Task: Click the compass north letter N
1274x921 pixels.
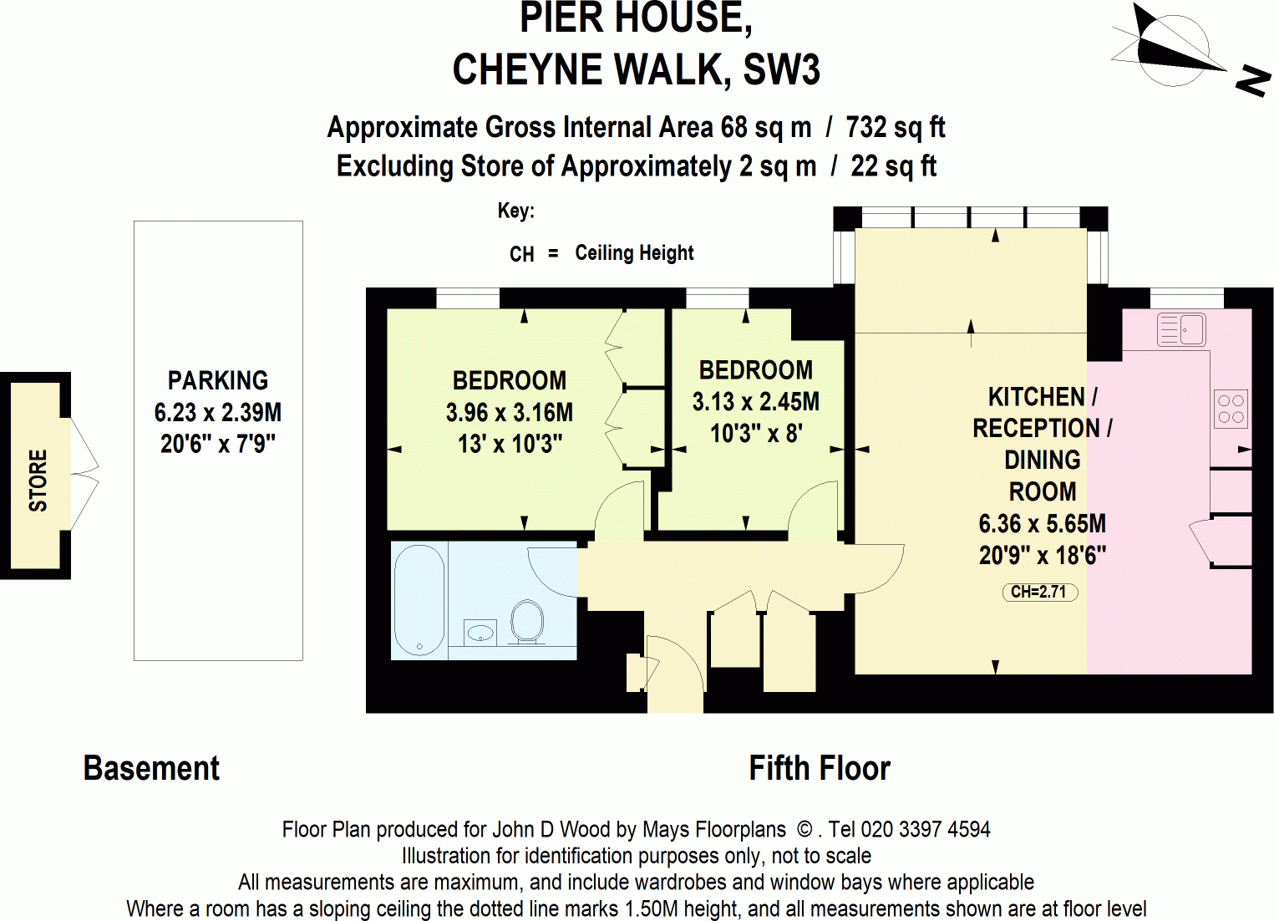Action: click(1252, 80)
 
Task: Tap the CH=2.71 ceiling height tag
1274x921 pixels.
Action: click(1039, 593)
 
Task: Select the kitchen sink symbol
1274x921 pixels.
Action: click(1181, 329)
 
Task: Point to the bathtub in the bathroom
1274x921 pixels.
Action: click(419, 599)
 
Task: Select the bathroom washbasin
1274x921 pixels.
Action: click(480, 632)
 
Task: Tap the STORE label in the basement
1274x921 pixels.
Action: click(38, 481)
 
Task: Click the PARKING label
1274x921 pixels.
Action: click(218, 381)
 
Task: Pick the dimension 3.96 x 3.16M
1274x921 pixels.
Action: click(510, 413)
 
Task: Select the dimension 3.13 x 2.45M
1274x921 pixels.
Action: click(755, 402)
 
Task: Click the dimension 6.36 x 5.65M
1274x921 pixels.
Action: click(1042, 524)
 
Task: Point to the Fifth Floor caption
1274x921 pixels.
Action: click(819, 768)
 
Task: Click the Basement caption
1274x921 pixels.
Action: click(151, 768)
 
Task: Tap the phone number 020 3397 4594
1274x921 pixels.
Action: click(926, 830)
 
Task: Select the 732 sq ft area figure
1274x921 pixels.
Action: click(895, 128)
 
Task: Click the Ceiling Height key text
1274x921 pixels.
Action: click(634, 253)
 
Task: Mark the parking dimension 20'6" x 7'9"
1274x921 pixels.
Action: click(218, 444)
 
